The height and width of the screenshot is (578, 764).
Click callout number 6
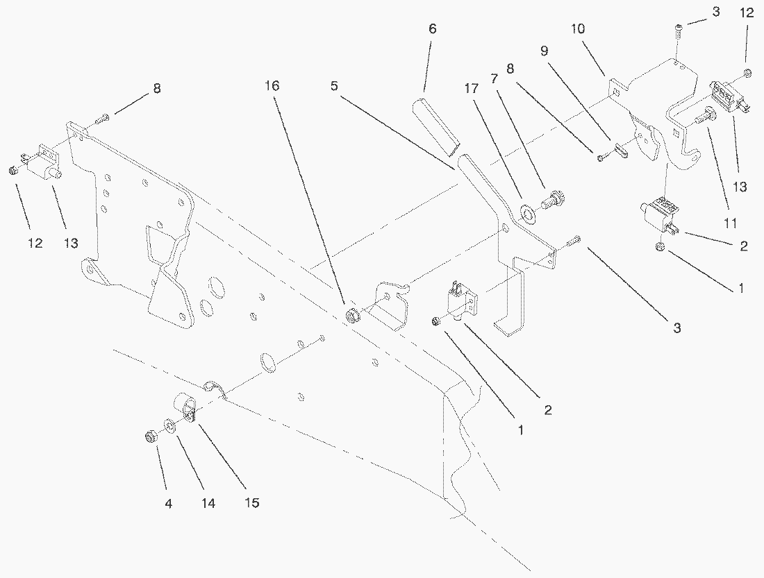coord(433,29)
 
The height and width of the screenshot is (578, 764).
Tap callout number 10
coord(578,29)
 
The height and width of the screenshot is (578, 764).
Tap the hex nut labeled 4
coord(149,436)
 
